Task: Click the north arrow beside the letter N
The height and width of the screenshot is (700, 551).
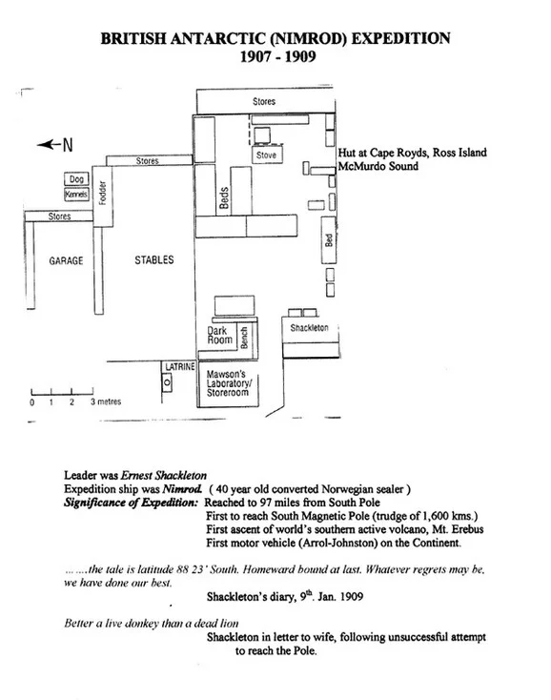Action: coord(49,144)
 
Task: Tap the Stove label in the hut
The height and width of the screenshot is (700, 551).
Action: coord(266,154)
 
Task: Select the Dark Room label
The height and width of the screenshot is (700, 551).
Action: coord(219,336)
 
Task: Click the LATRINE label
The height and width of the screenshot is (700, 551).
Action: coord(180,366)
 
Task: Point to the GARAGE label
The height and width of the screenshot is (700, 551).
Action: coord(66,260)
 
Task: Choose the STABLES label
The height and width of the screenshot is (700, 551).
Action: coord(154,259)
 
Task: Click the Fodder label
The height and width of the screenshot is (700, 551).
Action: coord(103,193)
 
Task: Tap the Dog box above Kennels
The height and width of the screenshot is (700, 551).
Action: coord(76,179)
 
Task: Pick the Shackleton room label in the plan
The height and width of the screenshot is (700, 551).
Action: coord(309,328)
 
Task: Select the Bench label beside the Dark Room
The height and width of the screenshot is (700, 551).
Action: coord(244,338)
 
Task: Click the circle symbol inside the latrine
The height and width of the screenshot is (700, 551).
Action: coord(168,382)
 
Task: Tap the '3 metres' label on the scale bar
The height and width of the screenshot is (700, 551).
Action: coord(106,401)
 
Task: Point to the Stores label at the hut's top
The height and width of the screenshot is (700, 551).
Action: coord(264,101)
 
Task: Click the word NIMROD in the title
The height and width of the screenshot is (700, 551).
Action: coord(309,38)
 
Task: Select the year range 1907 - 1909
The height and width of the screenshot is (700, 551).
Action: coord(278,56)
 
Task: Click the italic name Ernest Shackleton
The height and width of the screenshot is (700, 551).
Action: coord(164,476)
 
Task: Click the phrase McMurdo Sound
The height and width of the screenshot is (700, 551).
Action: coord(378,166)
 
